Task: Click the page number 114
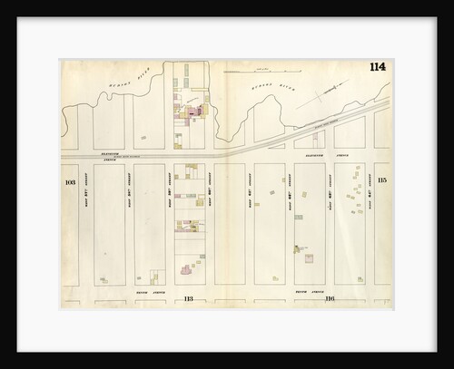tap(377, 69)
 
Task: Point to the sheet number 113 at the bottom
tap(189, 298)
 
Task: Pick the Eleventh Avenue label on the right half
tap(314, 155)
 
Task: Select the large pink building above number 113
tap(187, 269)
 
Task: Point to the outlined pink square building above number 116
tap(309, 258)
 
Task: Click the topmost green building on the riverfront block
tap(186, 67)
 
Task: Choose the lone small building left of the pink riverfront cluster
tap(143, 138)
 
